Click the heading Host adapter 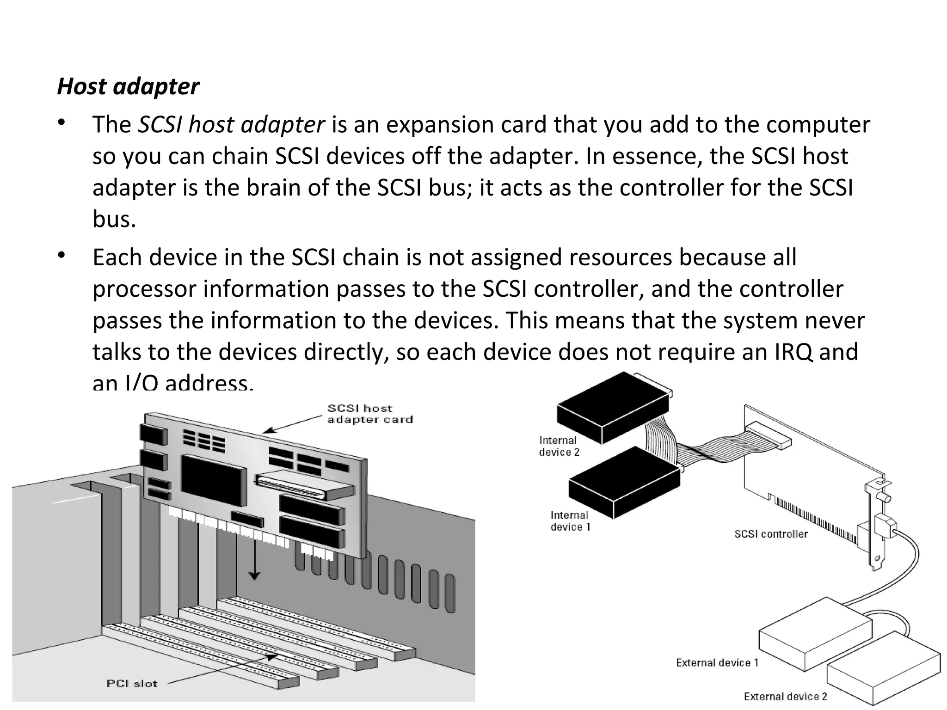tap(128, 86)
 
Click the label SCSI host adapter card tap(369, 414)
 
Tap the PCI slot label tap(132, 683)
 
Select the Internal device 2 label tap(559, 446)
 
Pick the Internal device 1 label tap(570, 521)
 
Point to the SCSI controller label tap(770, 534)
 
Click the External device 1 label tap(717, 663)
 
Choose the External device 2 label tap(785, 697)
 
